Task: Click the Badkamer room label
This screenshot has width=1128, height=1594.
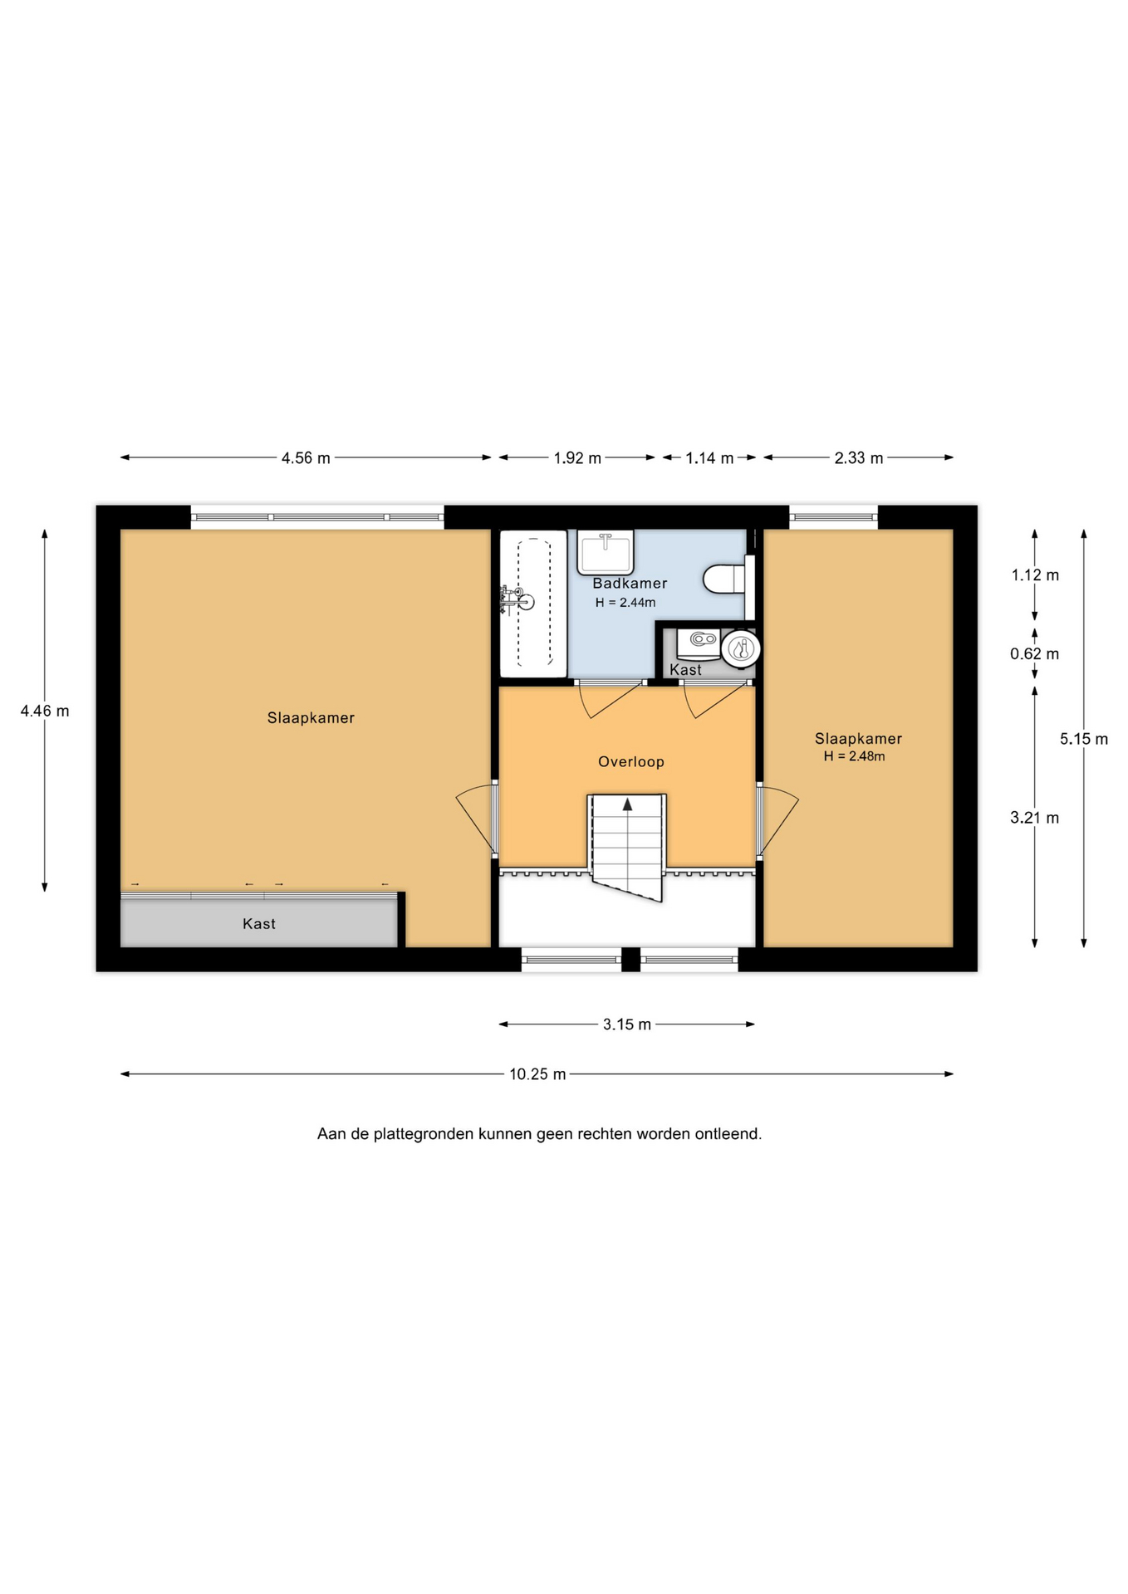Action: [x=630, y=583]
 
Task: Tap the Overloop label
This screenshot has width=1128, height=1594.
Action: [x=631, y=761]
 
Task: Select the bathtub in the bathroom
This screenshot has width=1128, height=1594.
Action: [x=533, y=604]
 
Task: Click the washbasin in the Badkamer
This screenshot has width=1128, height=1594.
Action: [x=606, y=552]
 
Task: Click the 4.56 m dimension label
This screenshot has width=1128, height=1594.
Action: [x=306, y=457]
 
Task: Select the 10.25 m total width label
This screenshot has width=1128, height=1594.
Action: [x=537, y=1073]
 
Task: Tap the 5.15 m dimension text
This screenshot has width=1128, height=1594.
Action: [x=1084, y=738]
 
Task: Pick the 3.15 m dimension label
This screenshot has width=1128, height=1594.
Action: [x=627, y=1024]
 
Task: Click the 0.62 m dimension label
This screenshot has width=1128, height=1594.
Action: [x=1035, y=653]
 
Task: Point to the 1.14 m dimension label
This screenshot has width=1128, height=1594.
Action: [x=709, y=457]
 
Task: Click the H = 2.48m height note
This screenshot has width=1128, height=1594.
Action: [x=855, y=756]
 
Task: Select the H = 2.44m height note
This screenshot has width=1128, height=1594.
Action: [x=625, y=603]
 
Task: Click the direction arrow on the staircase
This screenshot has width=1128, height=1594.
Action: [x=628, y=804]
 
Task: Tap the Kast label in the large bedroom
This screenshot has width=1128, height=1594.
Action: [x=259, y=923]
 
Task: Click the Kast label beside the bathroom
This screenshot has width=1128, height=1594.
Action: [x=685, y=669]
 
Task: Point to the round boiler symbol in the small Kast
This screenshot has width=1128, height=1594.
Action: [x=740, y=648]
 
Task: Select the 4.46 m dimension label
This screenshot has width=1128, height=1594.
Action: [x=45, y=711]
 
